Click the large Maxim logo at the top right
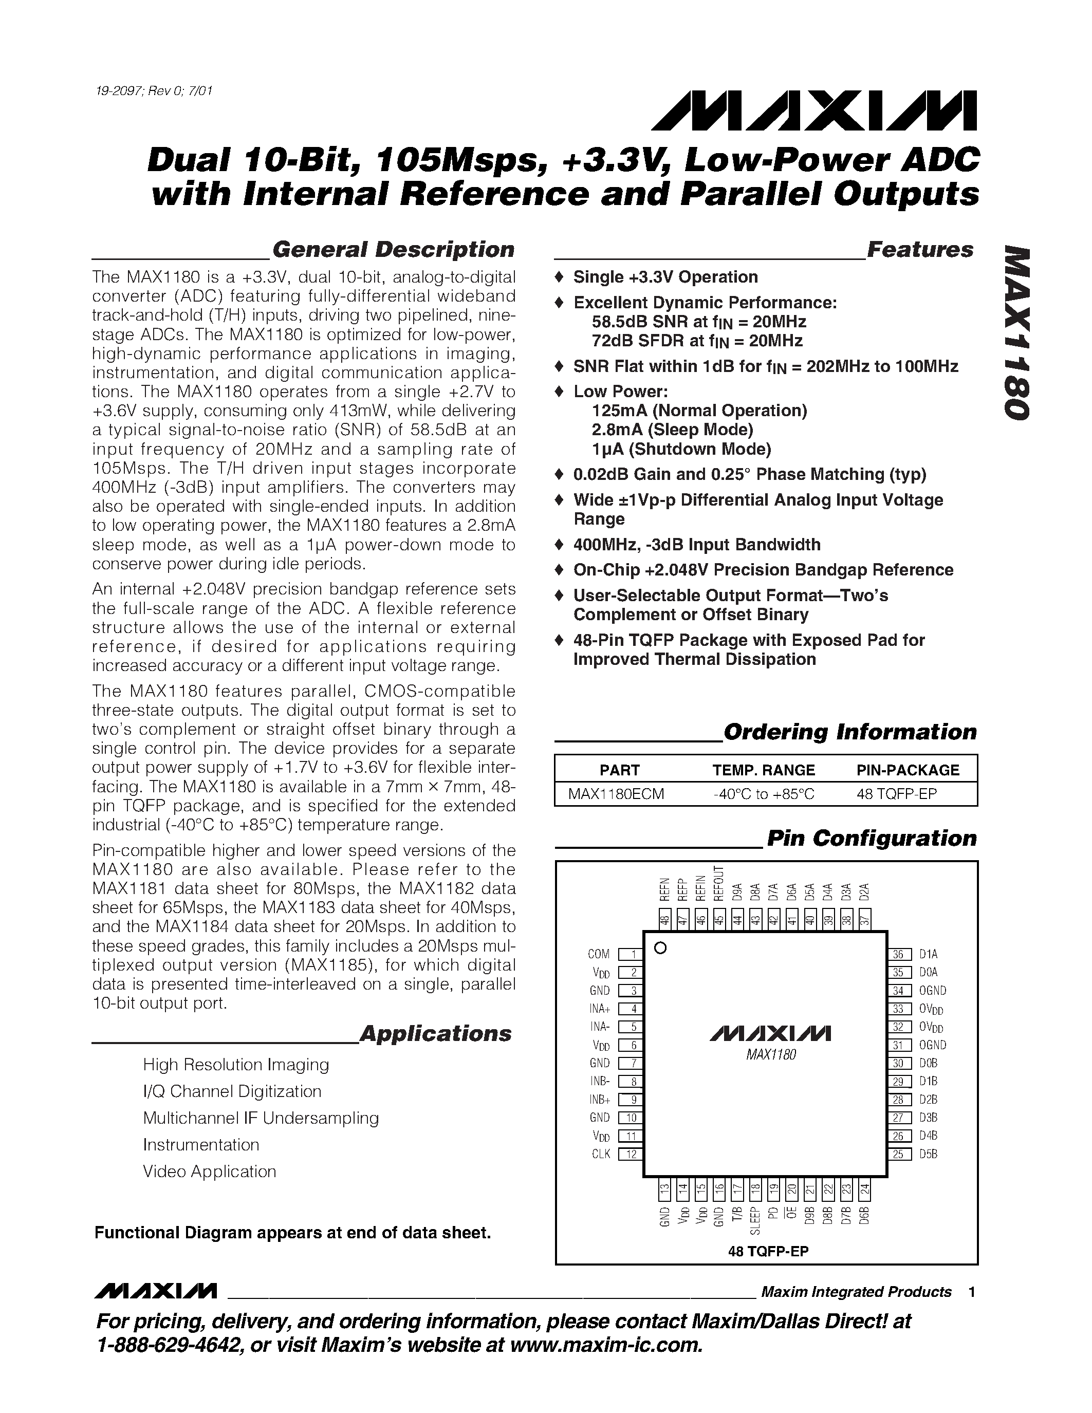[814, 111]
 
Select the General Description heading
[393, 250]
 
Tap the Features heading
[919, 250]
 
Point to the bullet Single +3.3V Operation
[665, 277]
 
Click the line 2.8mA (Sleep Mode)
[672, 430]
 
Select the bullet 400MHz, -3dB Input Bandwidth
[697, 545]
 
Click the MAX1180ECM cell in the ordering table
[616, 794]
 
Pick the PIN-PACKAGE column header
[908, 770]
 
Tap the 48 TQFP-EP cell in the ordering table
[897, 794]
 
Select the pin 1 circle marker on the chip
[660, 949]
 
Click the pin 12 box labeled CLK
[630, 1154]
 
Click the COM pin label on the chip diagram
[598, 954]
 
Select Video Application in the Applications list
[210, 1172]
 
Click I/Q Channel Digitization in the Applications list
[232, 1091]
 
